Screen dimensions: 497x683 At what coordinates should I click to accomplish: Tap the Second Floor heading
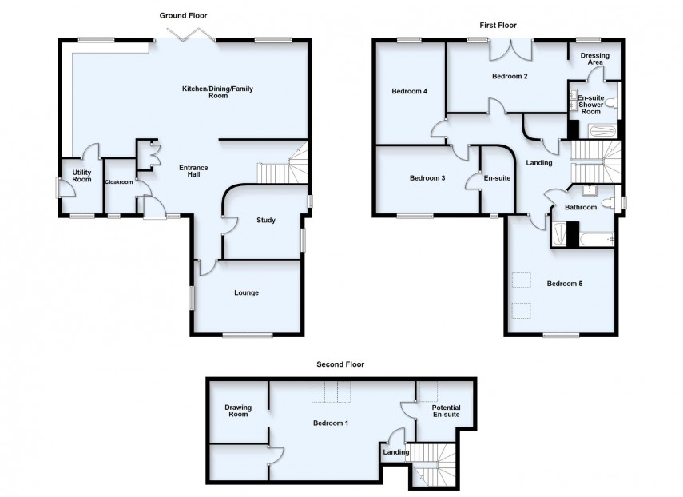pyautogui.click(x=340, y=364)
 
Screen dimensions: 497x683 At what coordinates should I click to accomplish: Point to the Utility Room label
pyautogui.click(x=81, y=176)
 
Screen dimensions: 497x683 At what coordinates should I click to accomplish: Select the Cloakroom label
pyautogui.click(x=117, y=181)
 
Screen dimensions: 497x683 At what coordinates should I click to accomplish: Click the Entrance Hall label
pyautogui.click(x=193, y=172)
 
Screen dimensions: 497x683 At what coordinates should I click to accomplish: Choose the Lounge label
pyautogui.click(x=246, y=293)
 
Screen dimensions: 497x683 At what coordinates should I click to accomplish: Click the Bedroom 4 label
pyautogui.click(x=409, y=91)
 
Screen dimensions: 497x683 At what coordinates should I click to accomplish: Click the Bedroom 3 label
pyautogui.click(x=427, y=177)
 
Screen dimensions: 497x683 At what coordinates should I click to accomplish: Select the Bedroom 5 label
pyautogui.click(x=564, y=283)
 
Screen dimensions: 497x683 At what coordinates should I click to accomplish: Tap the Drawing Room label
pyautogui.click(x=238, y=412)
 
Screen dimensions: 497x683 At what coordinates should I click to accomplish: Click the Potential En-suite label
pyautogui.click(x=447, y=412)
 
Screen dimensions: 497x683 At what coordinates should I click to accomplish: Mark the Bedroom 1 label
pyautogui.click(x=330, y=422)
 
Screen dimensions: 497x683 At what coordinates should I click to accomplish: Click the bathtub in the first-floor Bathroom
pyautogui.click(x=594, y=238)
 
